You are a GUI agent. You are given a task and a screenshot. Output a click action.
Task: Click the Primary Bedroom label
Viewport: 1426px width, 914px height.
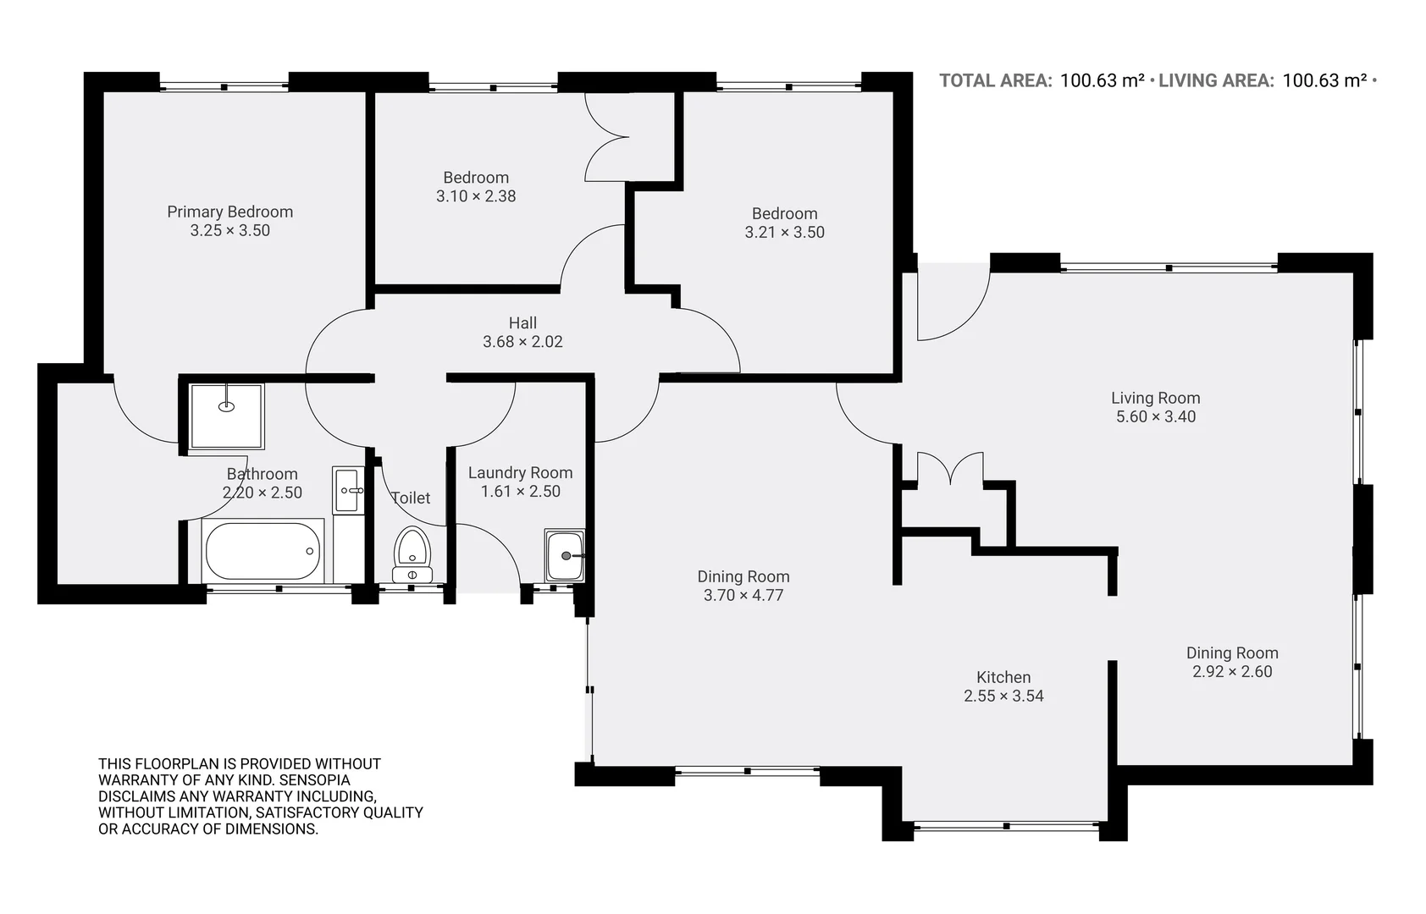229,212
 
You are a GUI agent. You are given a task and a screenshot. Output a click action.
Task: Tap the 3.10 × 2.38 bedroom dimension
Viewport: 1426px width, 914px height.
476,196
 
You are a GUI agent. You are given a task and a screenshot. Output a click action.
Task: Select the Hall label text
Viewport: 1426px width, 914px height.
522,322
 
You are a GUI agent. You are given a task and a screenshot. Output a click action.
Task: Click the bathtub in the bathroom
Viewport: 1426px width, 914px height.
263,551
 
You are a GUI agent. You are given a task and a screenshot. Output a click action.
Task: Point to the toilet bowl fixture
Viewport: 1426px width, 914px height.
412,548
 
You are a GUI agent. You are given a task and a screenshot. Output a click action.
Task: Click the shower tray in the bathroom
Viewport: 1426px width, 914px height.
226,416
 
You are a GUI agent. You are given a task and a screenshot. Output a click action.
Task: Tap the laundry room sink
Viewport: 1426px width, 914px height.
564,556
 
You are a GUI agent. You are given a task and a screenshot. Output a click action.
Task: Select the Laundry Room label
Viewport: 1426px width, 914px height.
520,472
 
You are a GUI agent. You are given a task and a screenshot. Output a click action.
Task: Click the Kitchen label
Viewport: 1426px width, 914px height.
1003,677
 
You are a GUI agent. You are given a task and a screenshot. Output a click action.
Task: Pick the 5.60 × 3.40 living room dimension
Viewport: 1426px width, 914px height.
1155,416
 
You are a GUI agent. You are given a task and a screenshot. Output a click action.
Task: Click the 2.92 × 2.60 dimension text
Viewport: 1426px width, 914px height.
1232,672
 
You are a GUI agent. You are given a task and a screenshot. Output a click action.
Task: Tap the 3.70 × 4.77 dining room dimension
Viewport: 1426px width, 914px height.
743,595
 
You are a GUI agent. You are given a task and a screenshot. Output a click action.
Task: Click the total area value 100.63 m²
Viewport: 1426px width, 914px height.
1102,80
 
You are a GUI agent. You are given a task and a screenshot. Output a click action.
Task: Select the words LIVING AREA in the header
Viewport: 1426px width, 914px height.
1215,80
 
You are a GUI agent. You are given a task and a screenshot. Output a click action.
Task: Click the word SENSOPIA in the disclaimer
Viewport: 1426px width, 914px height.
314,779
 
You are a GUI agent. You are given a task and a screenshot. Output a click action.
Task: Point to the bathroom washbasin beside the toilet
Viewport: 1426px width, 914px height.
348,489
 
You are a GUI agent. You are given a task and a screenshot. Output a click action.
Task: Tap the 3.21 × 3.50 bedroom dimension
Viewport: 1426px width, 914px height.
784,233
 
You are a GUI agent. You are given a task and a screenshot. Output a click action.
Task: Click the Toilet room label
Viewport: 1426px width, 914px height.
411,498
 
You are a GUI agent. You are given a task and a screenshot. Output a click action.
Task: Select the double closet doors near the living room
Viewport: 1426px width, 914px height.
950,468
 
